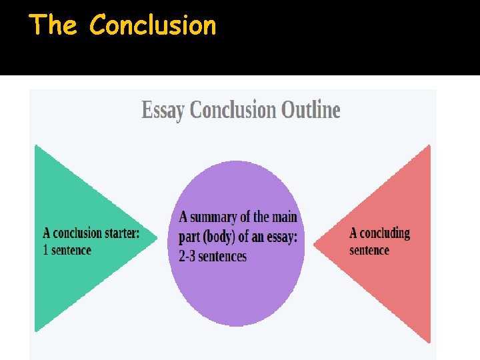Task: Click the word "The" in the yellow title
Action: [x=53, y=25]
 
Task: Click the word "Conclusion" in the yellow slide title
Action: [x=153, y=25]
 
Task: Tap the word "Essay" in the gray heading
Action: [x=163, y=110]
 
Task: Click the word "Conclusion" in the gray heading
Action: [x=233, y=109]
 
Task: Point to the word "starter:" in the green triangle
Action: [x=122, y=233]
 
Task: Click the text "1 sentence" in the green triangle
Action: [x=67, y=250]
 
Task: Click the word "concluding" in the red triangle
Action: [x=385, y=233]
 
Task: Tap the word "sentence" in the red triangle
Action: [x=369, y=250]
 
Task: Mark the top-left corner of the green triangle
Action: [x=36, y=145]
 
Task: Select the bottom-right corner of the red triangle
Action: [x=430, y=341]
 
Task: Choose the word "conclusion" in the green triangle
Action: [x=78, y=233]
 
